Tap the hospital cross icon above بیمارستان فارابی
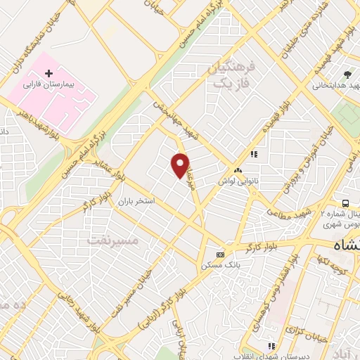pyautogui.click(x=49, y=73)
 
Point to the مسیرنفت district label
pyautogui.click(x=114, y=240)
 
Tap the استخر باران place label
pyautogui.click(x=135, y=201)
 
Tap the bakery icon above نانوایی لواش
pyautogui.click(x=238, y=170)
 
